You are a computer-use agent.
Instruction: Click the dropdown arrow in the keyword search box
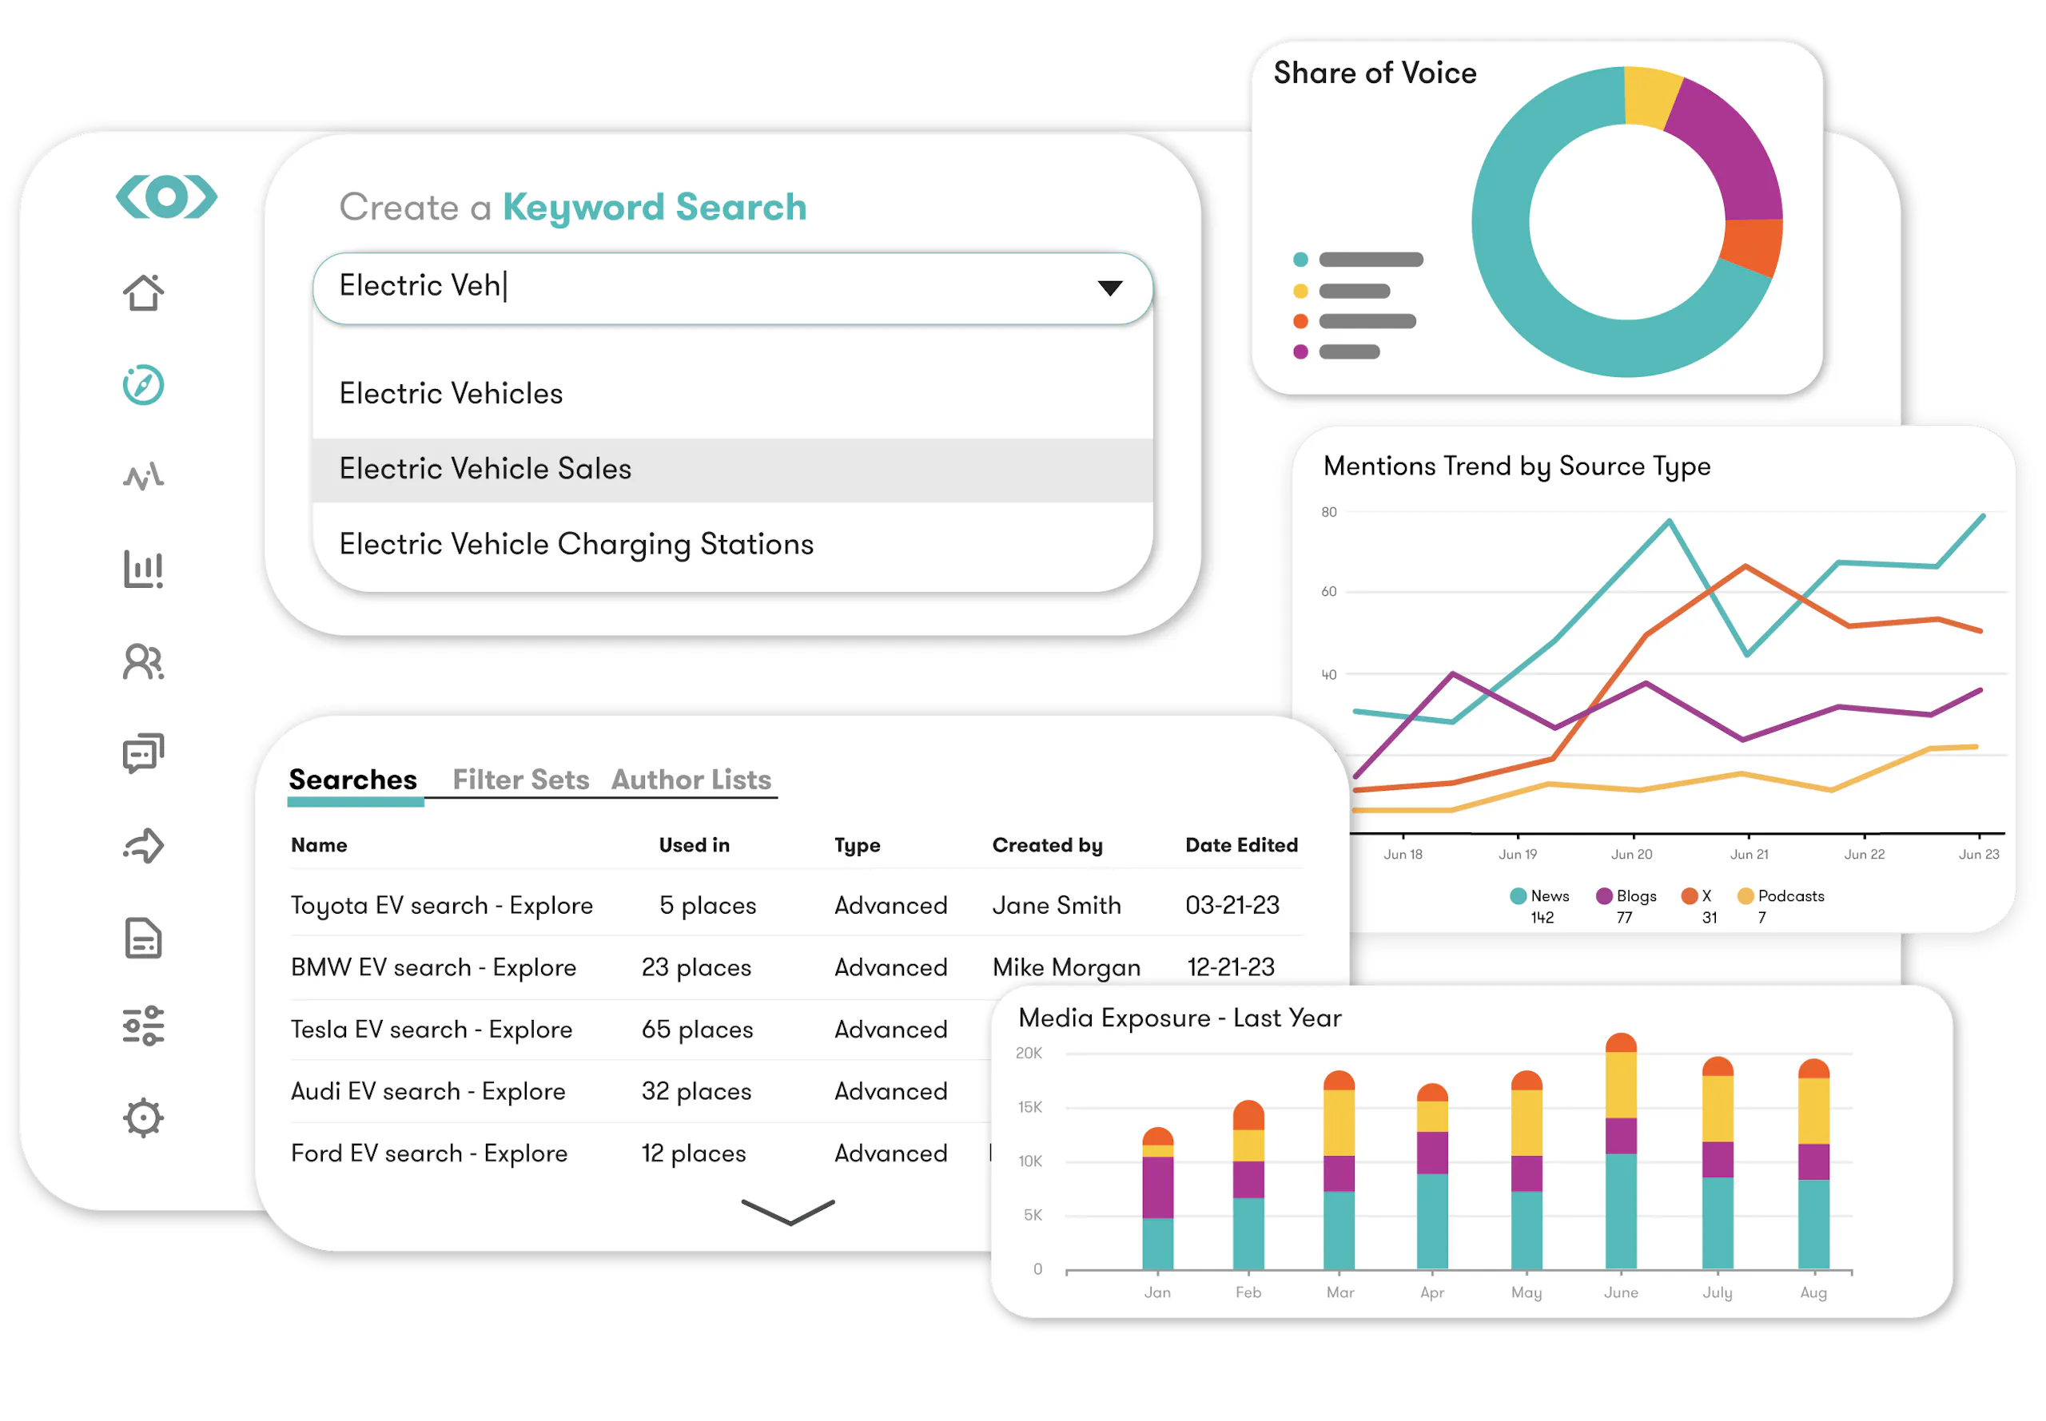1109,288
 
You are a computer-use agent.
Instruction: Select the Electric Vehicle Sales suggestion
484,468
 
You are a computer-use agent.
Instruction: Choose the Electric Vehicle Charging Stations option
576,544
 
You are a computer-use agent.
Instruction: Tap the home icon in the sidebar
143,292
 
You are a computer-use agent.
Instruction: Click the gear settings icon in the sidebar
143,1117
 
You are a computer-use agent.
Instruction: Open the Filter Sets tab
520,779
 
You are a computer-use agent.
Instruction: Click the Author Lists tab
691,779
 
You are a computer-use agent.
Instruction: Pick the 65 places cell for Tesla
698,1030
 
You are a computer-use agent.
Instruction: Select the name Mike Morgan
1066,967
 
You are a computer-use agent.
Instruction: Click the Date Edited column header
1240,844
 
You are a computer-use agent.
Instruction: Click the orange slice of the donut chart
1750,248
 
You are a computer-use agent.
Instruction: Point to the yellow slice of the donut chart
1650,96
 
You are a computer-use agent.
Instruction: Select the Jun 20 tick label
1631,854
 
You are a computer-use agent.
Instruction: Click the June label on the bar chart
1620,1292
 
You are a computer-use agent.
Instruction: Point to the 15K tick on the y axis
1029,1107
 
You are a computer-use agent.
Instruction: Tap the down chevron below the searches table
787,1212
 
